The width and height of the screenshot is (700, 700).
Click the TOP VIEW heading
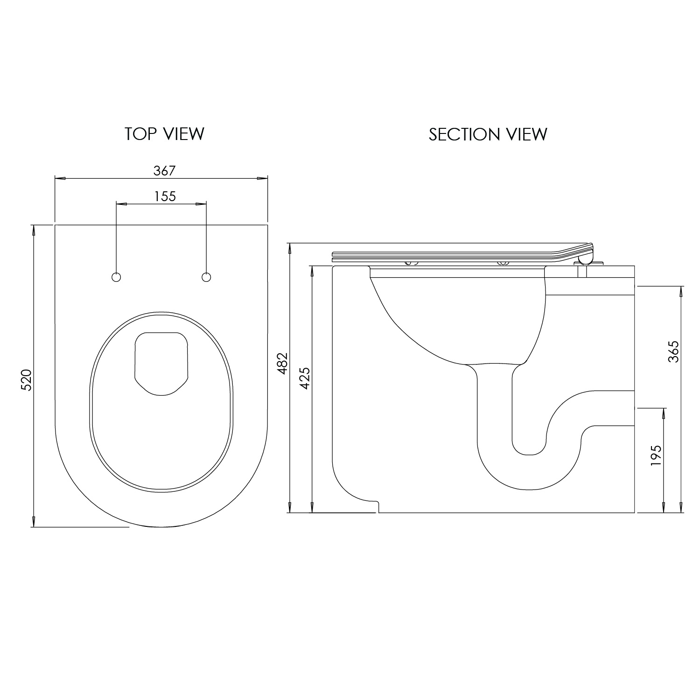164,134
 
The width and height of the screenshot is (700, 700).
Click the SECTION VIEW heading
488,134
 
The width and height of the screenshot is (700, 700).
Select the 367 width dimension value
164,171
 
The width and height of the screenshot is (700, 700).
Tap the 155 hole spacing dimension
165,196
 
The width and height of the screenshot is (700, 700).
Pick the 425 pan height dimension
304,378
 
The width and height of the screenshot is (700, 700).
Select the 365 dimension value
673,351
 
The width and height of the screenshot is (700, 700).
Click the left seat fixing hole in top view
116,277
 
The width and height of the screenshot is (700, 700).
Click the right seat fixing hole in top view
206,277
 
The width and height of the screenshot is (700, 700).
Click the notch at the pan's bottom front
376,505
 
